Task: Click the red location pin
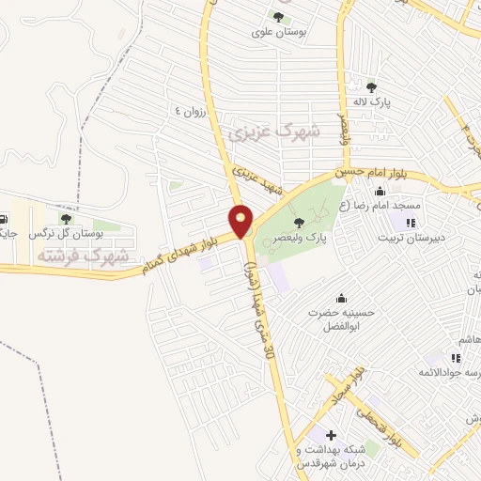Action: (x=242, y=220)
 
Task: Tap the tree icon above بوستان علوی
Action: (x=277, y=16)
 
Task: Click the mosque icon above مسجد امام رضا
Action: (x=380, y=192)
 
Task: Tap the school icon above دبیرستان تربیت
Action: (x=409, y=223)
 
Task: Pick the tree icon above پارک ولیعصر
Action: (x=299, y=223)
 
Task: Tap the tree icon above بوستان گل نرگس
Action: (x=65, y=218)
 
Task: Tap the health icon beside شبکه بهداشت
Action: (x=330, y=435)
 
